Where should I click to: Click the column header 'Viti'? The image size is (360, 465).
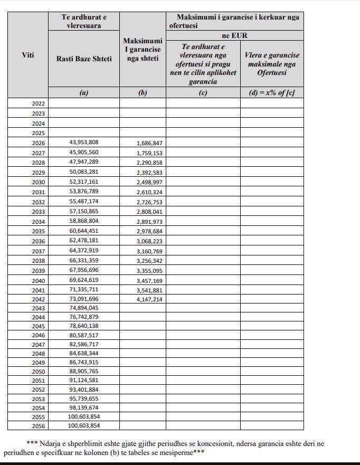(28, 55)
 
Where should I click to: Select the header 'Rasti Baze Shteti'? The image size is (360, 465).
(84, 59)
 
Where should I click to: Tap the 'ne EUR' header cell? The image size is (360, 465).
(235, 35)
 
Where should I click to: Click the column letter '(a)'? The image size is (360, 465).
(84, 93)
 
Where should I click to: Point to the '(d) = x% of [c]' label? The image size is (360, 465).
(272, 93)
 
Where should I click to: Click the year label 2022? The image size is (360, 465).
(39, 103)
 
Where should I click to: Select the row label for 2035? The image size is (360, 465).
(39, 231)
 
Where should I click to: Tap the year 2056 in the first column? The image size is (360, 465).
(39, 426)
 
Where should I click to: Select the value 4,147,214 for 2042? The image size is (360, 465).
(149, 299)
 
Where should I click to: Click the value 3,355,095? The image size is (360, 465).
(149, 271)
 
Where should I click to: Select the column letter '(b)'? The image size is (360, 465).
(143, 93)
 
